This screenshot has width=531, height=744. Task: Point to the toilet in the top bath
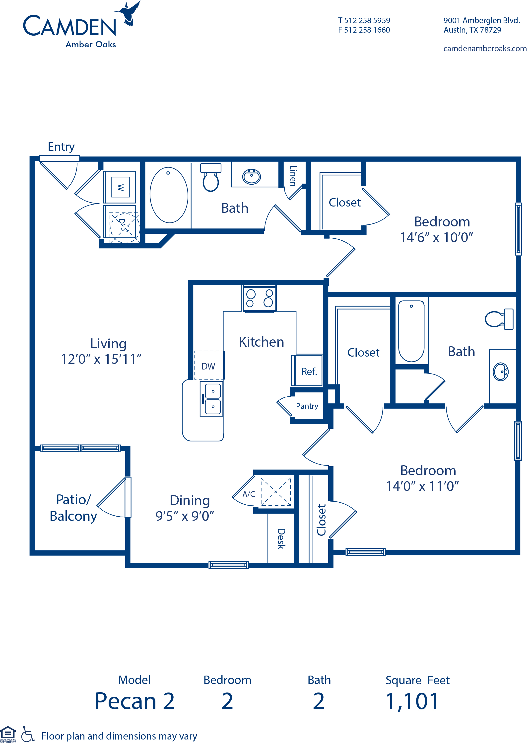[210, 177]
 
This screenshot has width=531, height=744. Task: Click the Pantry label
[307, 406]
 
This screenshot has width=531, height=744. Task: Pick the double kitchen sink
[212, 399]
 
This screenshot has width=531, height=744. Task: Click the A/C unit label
[249, 494]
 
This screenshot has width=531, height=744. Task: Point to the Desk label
[281, 538]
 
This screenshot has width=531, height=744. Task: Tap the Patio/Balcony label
[73, 508]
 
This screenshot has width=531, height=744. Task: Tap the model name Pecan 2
[135, 701]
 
